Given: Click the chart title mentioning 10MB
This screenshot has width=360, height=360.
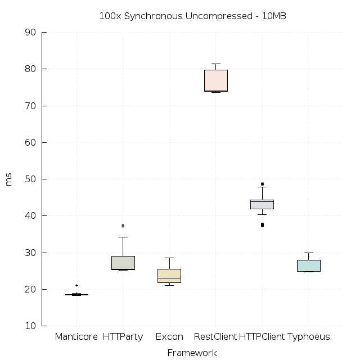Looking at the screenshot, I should click(x=192, y=16).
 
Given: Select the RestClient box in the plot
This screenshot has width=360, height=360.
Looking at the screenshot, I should click(x=215, y=80).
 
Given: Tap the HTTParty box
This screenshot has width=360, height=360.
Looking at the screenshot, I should click(x=123, y=263).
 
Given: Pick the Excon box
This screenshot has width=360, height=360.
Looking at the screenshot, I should click(x=169, y=276).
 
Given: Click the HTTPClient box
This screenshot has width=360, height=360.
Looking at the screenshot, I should click(x=262, y=204).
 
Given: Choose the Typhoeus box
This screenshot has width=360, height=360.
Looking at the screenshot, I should click(x=308, y=265).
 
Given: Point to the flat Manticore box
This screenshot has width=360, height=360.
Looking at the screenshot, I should click(x=76, y=294).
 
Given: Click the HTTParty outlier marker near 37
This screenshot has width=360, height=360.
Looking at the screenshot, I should click(x=123, y=226).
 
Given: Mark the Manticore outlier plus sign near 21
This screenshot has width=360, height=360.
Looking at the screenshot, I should click(x=76, y=285).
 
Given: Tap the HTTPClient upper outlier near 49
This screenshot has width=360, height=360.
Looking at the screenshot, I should click(x=262, y=184).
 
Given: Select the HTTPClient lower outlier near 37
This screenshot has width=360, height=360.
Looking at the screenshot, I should click(x=262, y=225).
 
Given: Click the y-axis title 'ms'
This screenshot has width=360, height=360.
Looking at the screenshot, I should click(x=8, y=179).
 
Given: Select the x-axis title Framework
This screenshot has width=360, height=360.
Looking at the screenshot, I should click(x=192, y=353).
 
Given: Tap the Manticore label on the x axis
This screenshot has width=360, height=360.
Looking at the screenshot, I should click(x=76, y=337).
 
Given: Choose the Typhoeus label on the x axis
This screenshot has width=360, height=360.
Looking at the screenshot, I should click(x=309, y=337).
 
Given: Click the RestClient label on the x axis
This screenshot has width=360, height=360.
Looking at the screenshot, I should click(x=215, y=337).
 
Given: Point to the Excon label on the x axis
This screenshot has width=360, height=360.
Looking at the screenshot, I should click(x=169, y=337).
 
